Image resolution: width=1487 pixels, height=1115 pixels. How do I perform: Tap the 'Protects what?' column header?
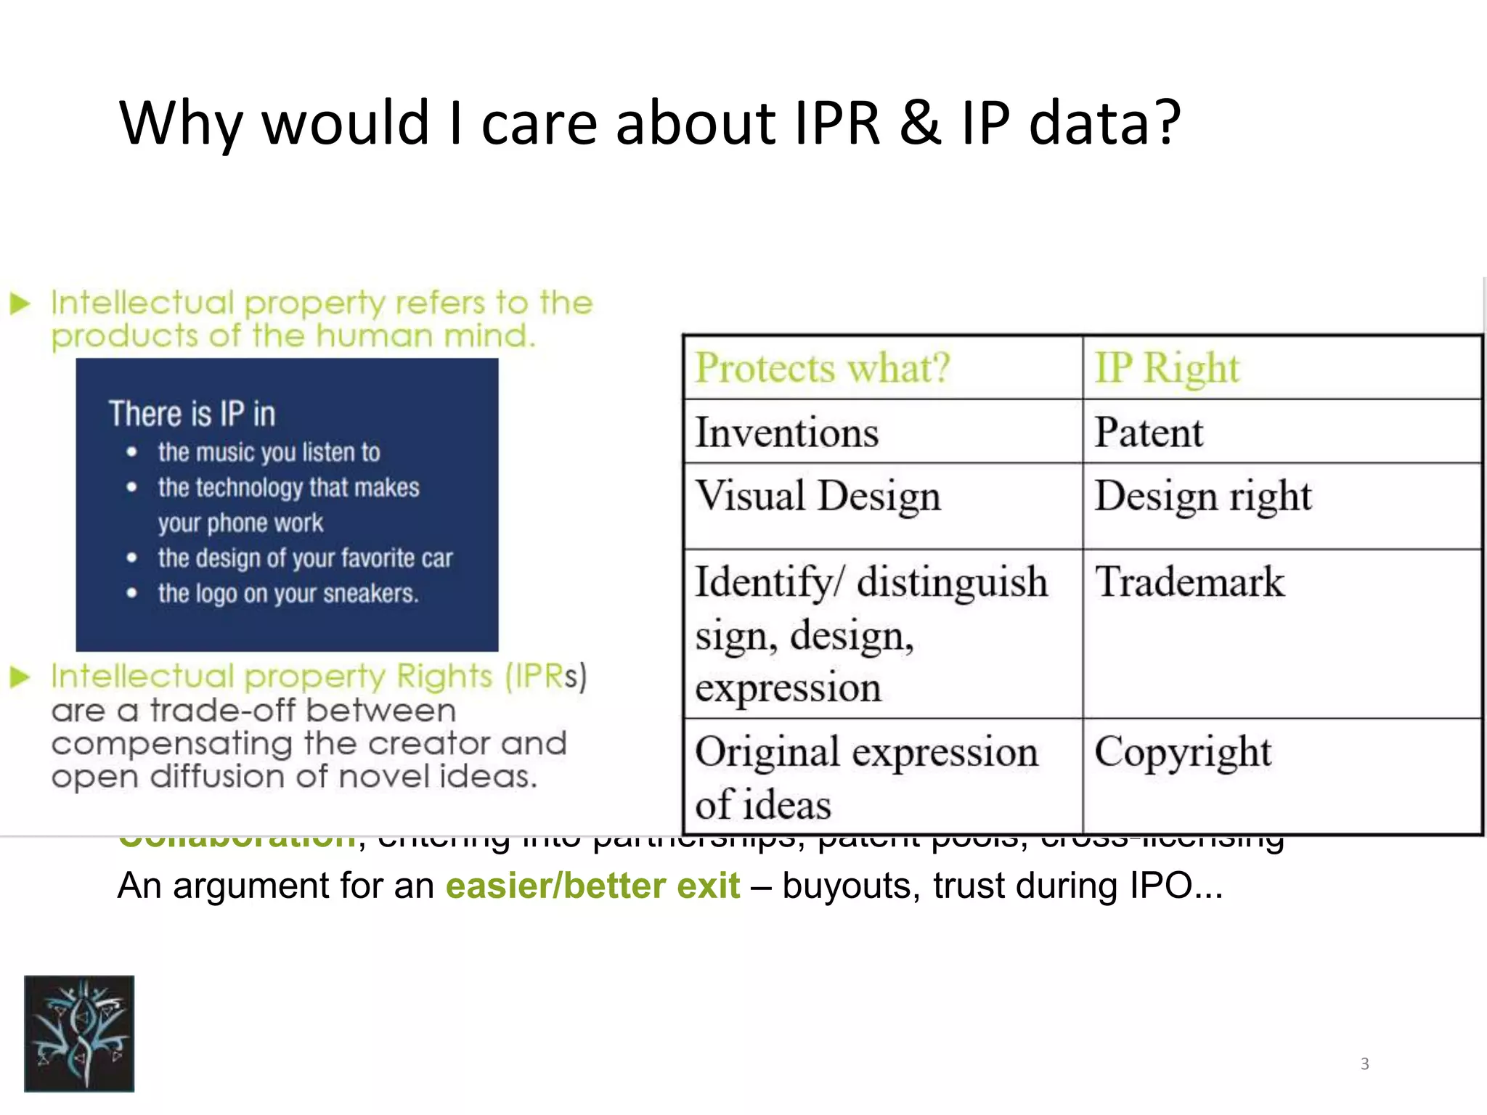[x=823, y=368]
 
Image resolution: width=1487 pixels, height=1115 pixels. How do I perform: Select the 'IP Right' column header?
[x=1167, y=368]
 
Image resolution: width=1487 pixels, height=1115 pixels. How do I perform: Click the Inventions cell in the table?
[x=787, y=433]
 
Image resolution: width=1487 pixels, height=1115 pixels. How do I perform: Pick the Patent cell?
[x=1149, y=433]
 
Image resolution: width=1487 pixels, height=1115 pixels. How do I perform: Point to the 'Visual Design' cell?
[x=818, y=497]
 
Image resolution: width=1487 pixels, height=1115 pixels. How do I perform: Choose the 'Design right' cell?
[x=1203, y=497]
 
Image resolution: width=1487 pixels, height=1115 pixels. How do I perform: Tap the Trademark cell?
[x=1189, y=582]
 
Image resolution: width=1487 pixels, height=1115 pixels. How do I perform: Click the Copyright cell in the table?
[x=1183, y=752]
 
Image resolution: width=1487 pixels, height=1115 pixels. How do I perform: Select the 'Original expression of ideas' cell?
[x=865, y=777]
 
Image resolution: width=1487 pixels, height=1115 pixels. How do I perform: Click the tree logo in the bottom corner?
[x=79, y=1033]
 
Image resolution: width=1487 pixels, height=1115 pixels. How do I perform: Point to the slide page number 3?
[x=1364, y=1064]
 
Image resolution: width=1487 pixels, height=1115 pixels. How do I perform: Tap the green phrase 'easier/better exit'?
[x=592, y=886]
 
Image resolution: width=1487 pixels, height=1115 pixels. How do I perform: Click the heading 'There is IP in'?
[x=192, y=414]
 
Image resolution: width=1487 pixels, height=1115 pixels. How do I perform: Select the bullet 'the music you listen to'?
[x=269, y=452]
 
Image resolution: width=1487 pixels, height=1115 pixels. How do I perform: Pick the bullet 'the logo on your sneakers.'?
[x=288, y=594]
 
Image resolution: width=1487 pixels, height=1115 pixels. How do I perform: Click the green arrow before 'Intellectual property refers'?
[x=20, y=303]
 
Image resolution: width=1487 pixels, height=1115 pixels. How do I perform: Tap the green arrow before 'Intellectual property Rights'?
[x=20, y=677]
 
